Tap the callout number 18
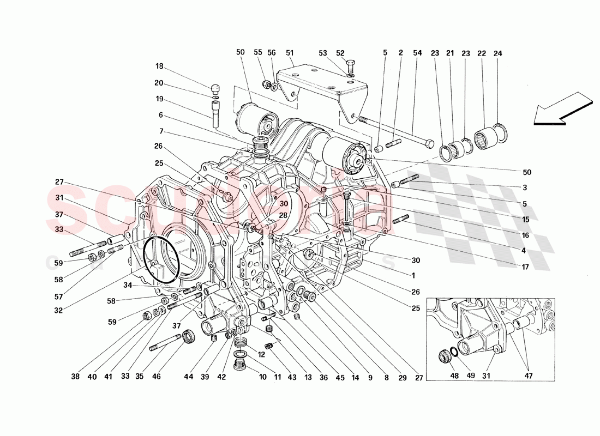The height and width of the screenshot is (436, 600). [159, 66]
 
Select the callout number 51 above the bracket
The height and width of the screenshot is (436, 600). [290, 53]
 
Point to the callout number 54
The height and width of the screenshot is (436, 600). [417, 53]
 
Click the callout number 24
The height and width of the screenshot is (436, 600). [497, 53]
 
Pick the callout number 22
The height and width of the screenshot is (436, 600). [481, 53]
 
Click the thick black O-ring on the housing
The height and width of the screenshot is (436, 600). [161, 259]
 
